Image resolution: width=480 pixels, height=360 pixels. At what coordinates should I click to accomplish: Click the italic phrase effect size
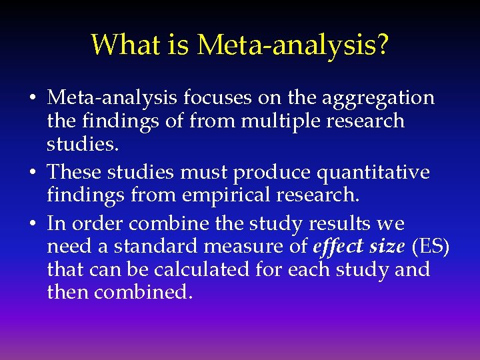pos(359,247)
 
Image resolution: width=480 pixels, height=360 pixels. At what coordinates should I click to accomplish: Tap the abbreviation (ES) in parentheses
pos(431,247)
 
